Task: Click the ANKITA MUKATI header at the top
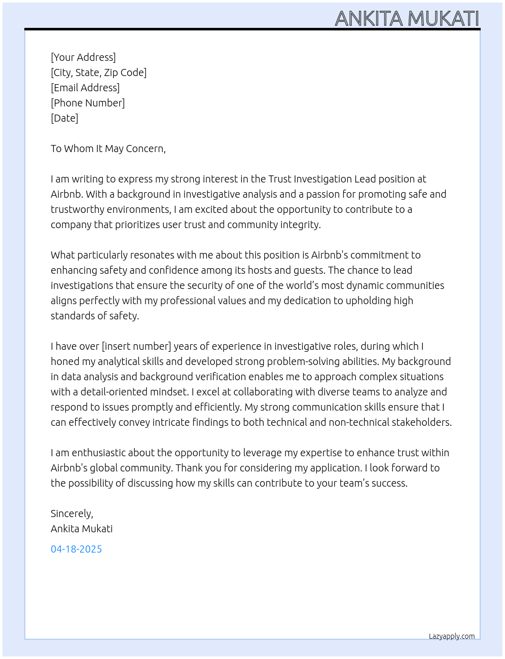tap(407, 18)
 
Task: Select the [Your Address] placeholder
tap(83, 57)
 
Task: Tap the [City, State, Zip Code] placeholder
tap(98, 72)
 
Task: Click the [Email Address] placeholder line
tap(85, 88)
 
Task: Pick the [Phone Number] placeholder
tap(88, 103)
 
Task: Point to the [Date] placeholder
tap(64, 118)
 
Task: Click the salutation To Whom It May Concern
tap(108, 149)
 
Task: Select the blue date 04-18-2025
tap(76, 549)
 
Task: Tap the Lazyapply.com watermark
tap(451, 636)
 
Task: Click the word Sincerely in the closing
tap(71, 514)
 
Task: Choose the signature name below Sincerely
tap(82, 529)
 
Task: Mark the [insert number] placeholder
tap(136, 346)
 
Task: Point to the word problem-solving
tap(307, 361)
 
